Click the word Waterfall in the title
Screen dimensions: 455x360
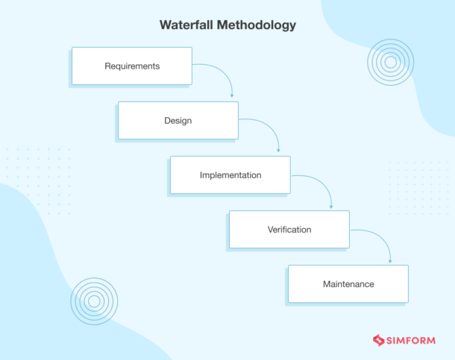[186, 25]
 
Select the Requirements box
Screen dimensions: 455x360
[132, 66]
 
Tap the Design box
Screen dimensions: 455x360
[178, 120]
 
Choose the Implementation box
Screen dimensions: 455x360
[230, 174]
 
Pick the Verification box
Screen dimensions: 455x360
[289, 230]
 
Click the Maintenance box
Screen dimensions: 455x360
[348, 284]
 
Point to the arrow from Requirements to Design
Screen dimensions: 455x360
[223, 72]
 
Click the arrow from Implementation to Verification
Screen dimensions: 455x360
[321, 183]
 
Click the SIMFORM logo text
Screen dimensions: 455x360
[411, 341]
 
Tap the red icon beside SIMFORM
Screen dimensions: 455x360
[378, 341]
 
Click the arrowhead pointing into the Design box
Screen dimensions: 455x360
[232, 95]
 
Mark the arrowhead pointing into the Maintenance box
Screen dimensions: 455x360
[390, 262]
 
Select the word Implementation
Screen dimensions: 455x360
[230, 175]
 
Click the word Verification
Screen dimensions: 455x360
[289, 230]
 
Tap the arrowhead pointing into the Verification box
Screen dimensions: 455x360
[331, 207]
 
